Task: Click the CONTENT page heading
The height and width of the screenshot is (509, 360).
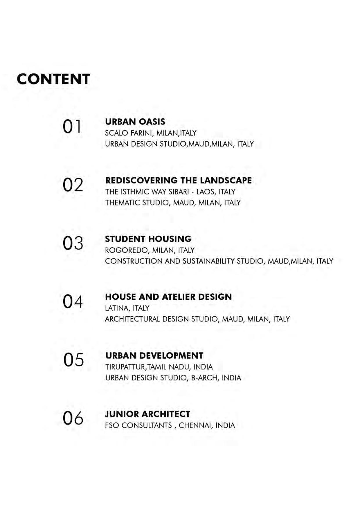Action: [x=53, y=79]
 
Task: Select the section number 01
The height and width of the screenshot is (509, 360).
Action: [x=72, y=127]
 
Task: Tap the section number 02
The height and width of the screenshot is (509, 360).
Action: [x=73, y=185]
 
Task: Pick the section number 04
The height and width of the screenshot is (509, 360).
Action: [x=73, y=302]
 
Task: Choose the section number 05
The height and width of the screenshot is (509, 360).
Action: [x=73, y=360]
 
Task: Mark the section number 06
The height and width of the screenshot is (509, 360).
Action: [x=73, y=418]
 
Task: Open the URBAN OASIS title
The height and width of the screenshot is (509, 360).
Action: [x=135, y=122]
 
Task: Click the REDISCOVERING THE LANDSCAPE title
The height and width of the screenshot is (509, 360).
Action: [x=179, y=180]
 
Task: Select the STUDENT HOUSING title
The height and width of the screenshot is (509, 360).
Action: [x=148, y=239]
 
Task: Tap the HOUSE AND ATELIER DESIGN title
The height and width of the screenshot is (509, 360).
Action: [x=168, y=297]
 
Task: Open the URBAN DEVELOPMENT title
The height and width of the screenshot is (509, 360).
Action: [x=154, y=355]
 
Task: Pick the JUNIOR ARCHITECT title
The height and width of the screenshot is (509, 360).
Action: [x=147, y=414]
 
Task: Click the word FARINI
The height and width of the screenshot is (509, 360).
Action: [x=142, y=133]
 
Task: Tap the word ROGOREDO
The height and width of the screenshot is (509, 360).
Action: [x=127, y=250]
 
